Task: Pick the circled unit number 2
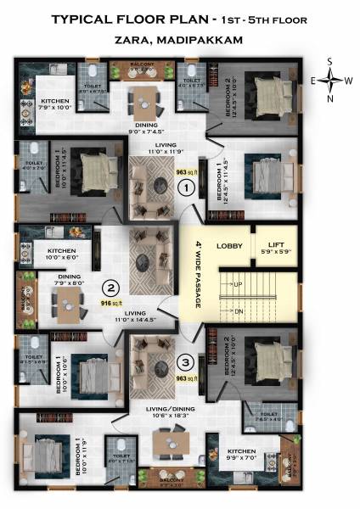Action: [110, 287]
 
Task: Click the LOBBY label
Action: [229, 246]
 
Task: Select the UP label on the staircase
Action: [239, 283]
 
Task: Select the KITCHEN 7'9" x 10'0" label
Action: [50, 103]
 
